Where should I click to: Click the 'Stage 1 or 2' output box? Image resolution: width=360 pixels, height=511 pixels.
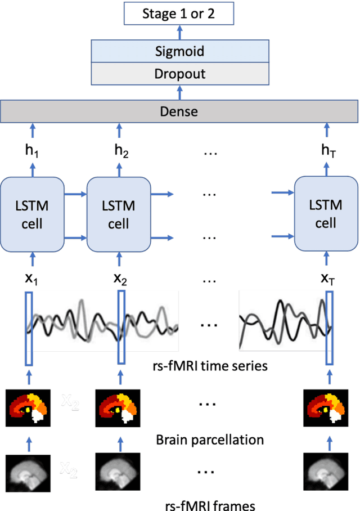(179, 14)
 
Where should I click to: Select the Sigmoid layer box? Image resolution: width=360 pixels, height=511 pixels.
(179, 52)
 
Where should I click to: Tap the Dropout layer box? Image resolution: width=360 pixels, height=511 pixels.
(179, 74)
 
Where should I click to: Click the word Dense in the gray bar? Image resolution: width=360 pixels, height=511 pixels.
(179, 111)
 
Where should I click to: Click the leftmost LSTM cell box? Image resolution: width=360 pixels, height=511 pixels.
(32, 214)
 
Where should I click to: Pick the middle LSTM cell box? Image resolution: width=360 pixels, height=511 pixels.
(118, 214)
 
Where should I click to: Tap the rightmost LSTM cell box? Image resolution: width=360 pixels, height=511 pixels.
(326, 214)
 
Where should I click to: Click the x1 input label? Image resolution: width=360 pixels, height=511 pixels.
(32, 279)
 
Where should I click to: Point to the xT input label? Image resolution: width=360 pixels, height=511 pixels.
(327, 279)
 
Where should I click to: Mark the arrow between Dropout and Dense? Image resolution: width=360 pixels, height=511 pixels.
(180, 92)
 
